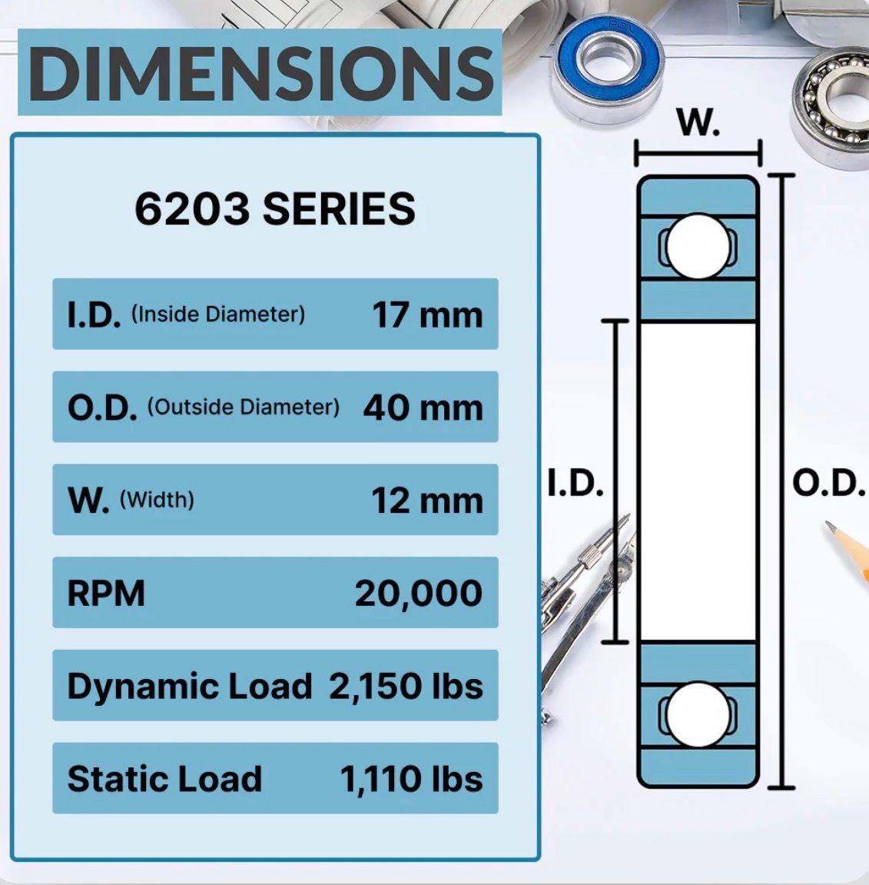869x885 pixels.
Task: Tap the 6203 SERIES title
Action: (275, 209)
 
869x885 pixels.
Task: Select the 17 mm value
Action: (427, 315)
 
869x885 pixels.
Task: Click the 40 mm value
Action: (423, 408)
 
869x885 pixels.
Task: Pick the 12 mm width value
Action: (427, 501)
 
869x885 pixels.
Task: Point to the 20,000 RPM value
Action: (419, 594)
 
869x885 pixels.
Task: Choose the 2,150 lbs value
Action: (406, 687)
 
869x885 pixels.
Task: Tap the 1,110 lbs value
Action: (412, 780)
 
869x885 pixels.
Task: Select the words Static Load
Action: (164, 779)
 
